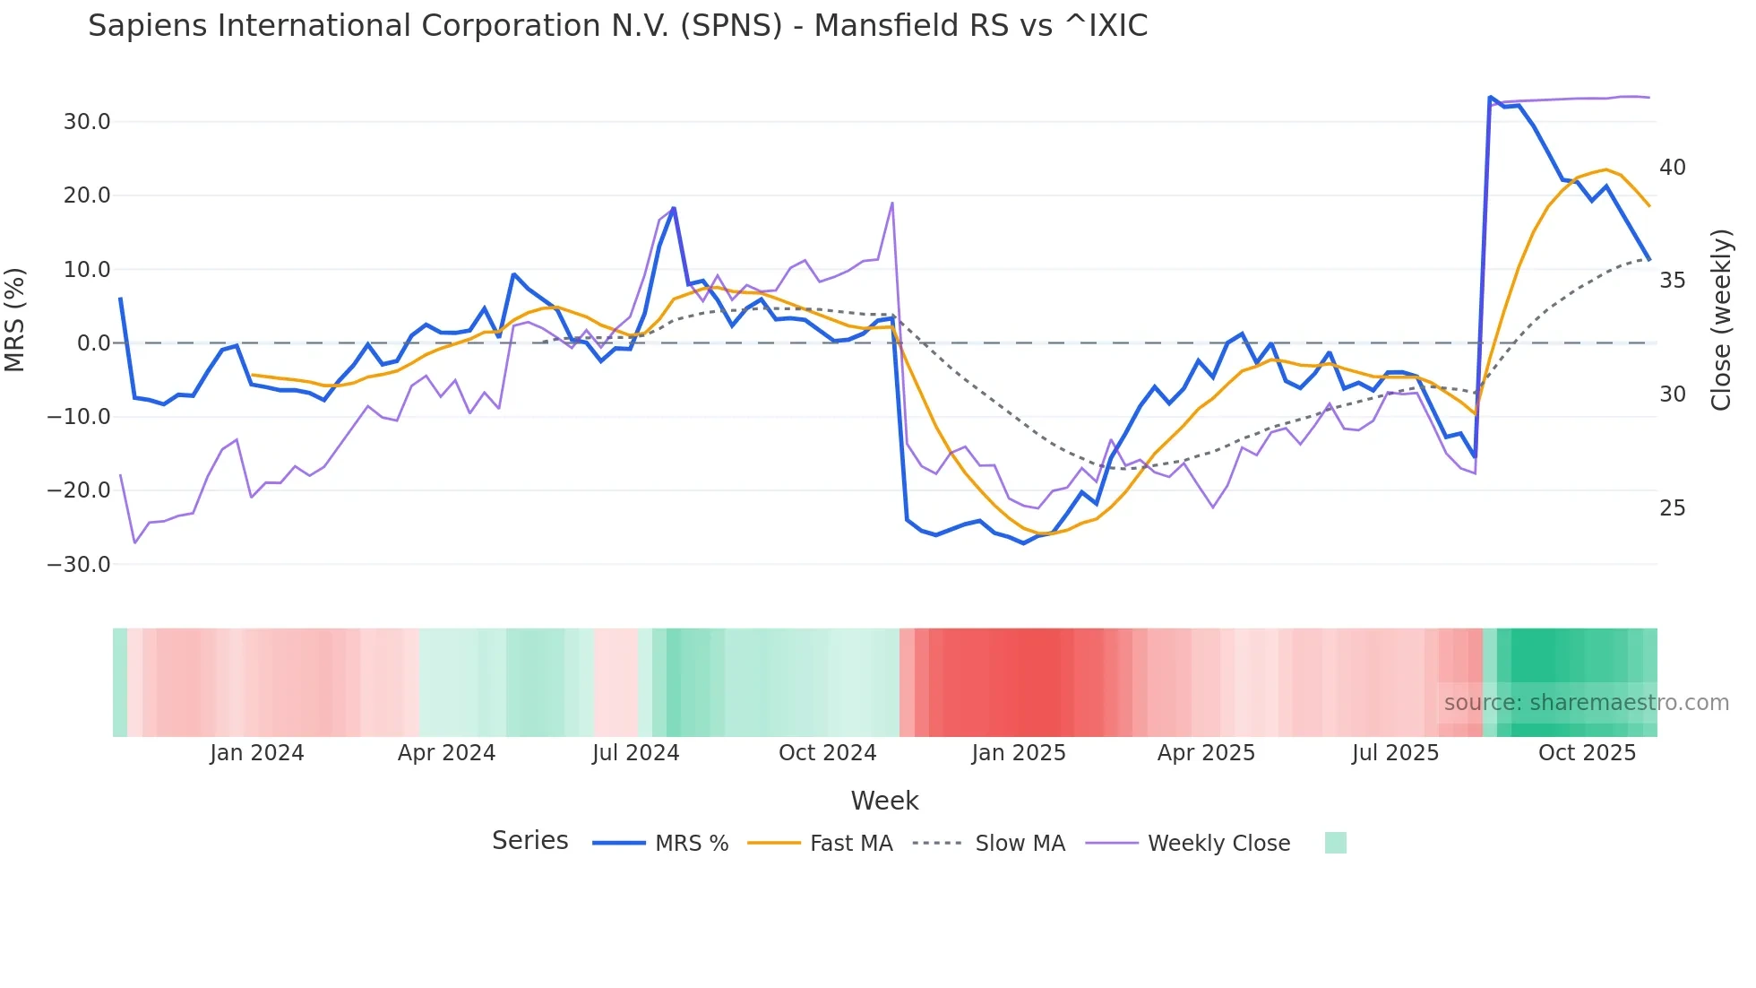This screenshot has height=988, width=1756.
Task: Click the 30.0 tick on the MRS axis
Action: (86, 122)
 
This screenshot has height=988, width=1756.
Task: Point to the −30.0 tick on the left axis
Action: (79, 565)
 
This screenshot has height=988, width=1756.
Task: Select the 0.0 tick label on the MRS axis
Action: (93, 343)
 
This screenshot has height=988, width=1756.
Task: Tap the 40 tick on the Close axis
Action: (1672, 168)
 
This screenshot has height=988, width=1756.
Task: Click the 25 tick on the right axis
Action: (1672, 508)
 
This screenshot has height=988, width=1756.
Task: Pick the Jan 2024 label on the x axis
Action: (257, 753)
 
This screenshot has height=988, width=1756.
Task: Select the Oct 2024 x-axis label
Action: (827, 753)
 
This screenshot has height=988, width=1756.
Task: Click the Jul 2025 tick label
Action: (1395, 753)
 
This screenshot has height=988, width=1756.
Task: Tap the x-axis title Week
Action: (884, 801)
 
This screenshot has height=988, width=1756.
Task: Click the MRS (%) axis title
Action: (15, 319)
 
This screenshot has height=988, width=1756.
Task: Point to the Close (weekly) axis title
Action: (1720, 320)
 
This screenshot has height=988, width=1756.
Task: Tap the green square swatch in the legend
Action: (1335, 843)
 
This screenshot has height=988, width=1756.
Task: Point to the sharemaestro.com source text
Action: (1586, 703)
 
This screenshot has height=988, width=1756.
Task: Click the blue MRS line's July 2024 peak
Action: (674, 208)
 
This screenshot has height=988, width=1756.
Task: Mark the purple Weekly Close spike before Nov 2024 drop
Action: (892, 204)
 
